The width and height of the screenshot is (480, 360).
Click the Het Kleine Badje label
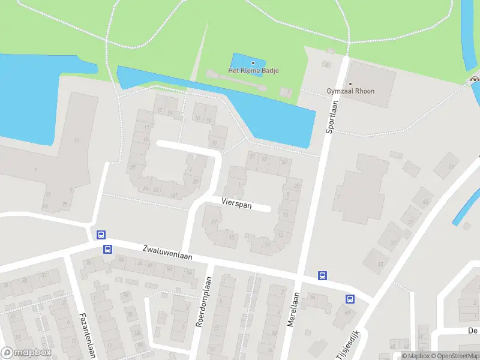tap(253, 71)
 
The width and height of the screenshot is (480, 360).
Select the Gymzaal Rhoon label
tap(350, 91)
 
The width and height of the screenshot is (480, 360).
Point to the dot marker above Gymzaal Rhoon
tap(350, 83)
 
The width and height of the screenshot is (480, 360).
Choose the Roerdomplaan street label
tap(204, 302)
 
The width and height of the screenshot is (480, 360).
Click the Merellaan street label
tap(293, 309)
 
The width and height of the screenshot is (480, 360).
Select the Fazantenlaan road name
tap(87, 334)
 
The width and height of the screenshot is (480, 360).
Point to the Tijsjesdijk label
tap(347, 345)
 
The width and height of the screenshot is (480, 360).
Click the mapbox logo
tap(25, 353)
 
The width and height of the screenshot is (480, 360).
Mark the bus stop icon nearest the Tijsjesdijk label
tap(349, 298)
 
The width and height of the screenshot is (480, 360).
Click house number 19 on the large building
tap(77, 140)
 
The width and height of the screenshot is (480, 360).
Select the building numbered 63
tap(380, 264)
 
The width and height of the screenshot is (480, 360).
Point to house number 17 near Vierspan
tap(214, 222)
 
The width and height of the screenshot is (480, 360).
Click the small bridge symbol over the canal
tap(475, 77)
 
